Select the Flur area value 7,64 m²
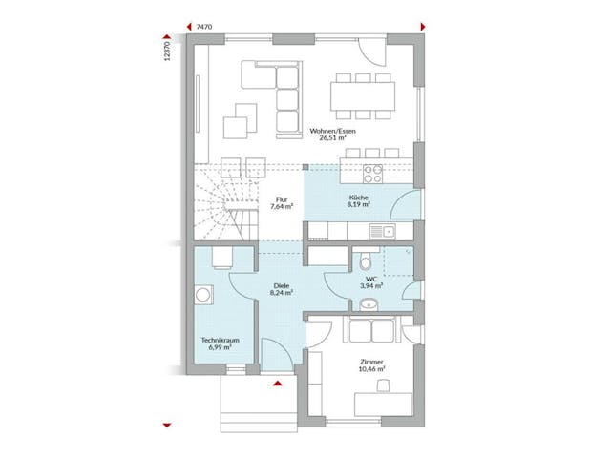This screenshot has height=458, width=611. point(281,206)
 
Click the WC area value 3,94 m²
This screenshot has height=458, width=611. point(371,285)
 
